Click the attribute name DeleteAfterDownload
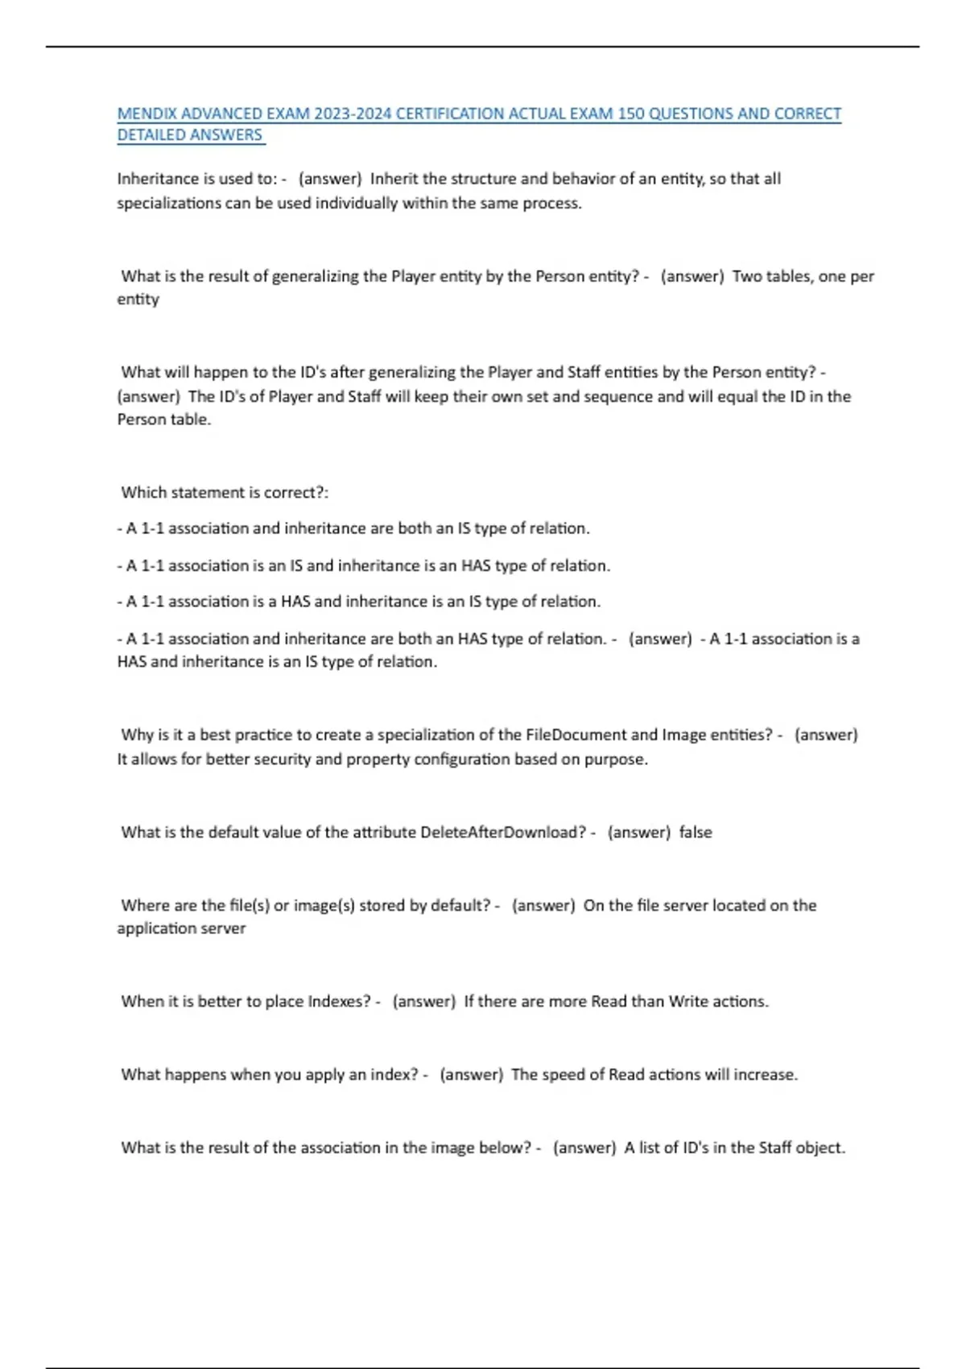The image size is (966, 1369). pos(503,832)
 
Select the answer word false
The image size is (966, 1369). pos(696,832)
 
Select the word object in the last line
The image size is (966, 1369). pos(820,1148)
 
